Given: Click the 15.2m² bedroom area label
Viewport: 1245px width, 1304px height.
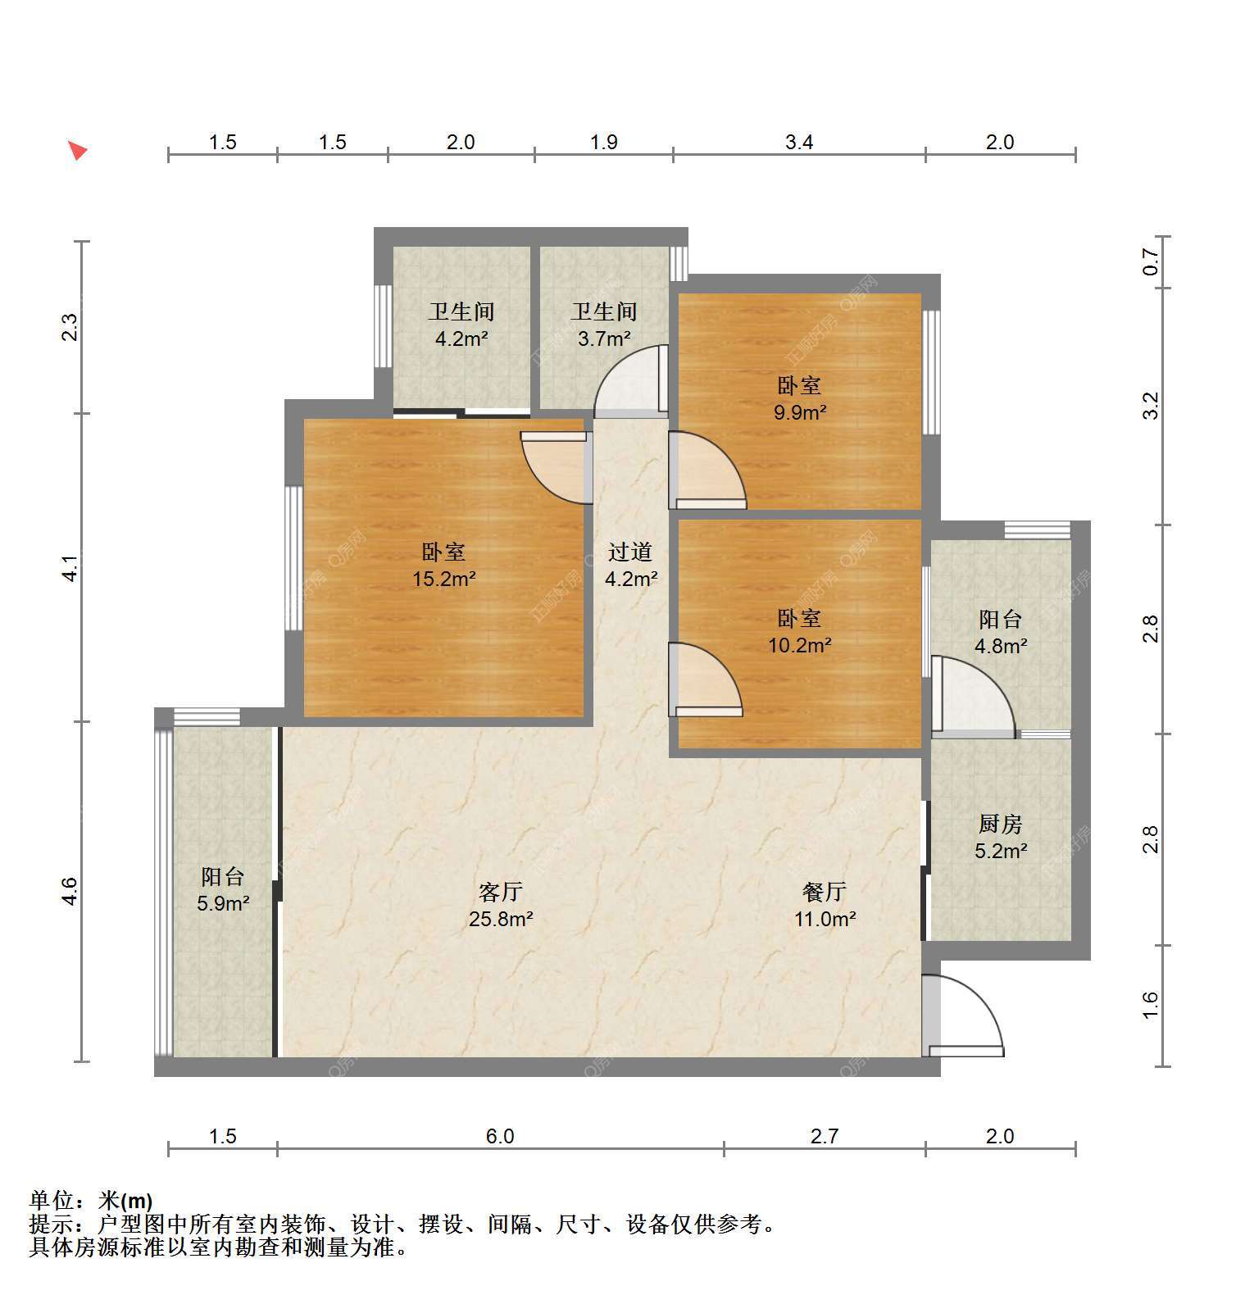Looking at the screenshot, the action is click(443, 579).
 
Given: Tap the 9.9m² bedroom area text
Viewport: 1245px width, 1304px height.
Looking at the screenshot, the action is click(799, 412).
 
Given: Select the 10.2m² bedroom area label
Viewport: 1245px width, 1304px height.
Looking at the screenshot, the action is click(799, 645).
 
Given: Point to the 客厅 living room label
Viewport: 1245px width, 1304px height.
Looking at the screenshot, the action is click(501, 892).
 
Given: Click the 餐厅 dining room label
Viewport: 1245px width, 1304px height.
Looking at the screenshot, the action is click(825, 892).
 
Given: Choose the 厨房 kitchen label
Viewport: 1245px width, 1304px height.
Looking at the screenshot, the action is click(1000, 824).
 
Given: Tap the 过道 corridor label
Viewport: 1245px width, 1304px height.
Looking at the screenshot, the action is click(630, 552).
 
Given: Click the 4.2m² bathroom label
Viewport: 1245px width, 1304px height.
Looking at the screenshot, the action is click(461, 338).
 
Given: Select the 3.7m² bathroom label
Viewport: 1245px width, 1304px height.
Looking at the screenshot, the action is click(604, 338).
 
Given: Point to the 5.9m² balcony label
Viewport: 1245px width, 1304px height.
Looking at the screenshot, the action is click(222, 903).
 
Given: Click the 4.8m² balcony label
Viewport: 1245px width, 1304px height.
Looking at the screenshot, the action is click(1000, 646).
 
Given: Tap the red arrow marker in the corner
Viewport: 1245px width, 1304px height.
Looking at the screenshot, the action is click(77, 150).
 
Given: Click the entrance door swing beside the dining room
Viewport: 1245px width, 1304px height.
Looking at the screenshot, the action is click(962, 1015).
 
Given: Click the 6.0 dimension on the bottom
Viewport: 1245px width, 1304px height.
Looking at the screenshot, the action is click(500, 1136).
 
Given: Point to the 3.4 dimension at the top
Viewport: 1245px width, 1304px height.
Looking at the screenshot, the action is click(799, 142).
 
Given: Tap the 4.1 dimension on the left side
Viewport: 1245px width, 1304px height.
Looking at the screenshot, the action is click(71, 567).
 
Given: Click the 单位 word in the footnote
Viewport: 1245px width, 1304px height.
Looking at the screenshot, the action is click(52, 1201).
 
